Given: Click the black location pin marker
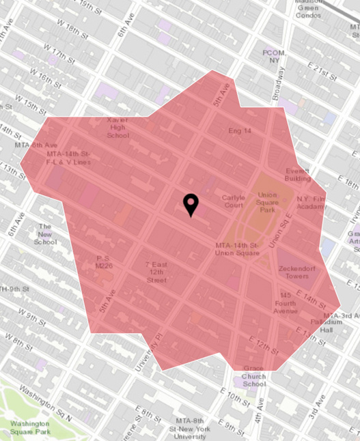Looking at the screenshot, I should tap(191, 205).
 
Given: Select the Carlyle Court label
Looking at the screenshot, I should tap(233, 201).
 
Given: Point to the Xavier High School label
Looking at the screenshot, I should tap(117, 127).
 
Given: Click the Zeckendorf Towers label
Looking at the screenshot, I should tap(298, 272).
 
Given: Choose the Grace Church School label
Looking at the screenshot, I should tap(254, 376).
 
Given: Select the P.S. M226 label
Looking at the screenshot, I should tap(104, 261).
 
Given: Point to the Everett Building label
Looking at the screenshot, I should tap(298, 174).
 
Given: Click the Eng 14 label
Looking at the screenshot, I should tap(240, 130).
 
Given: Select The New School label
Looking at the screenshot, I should tap(46, 233).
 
